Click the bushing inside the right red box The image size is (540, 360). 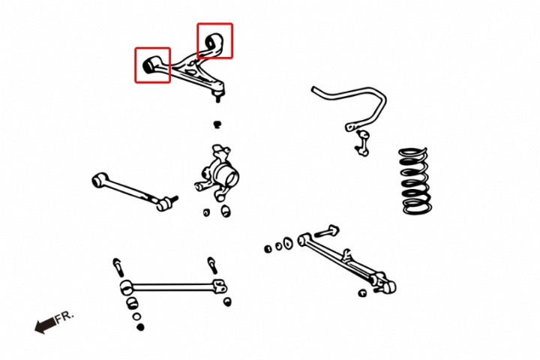tap(214, 42)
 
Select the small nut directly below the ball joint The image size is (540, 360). tap(217, 124)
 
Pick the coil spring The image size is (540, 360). tap(415, 180)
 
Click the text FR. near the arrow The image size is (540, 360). tap(64, 316)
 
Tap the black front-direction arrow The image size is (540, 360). tap(46, 325)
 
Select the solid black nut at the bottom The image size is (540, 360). tap(140, 327)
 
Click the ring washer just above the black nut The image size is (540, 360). tap(136, 316)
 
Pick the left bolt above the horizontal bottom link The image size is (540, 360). tap(118, 267)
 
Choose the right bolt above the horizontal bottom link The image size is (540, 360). tap(212, 265)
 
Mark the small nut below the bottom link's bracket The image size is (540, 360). tap(227, 301)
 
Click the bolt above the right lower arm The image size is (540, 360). tap(326, 232)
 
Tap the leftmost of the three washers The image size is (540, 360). tap(268, 249)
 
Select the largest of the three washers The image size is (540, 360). tap(288, 243)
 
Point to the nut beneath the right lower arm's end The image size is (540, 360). tap(362, 293)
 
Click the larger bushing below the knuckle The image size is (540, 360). tap(226, 211)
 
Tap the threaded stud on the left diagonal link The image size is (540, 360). tap(173, 199)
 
